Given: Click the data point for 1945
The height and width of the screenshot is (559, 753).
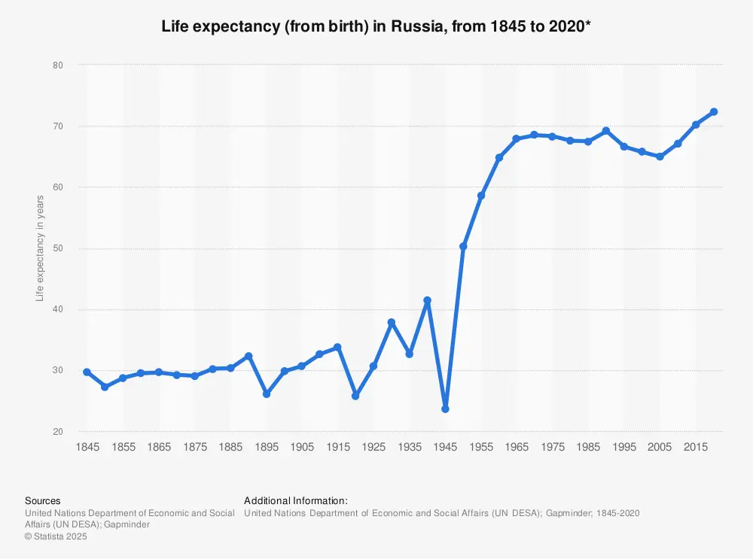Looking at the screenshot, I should tap(445, 409).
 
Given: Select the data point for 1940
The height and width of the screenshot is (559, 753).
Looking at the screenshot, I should tap(427, 300).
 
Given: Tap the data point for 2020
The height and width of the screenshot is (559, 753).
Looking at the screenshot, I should tap(714, 112).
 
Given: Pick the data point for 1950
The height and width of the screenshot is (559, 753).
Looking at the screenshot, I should tap(463, 246).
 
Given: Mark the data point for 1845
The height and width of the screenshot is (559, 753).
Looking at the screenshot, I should tap(87, 372).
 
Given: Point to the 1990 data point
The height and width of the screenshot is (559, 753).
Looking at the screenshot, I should tap(606, 131).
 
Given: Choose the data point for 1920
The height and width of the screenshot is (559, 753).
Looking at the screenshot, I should tap(355, 396).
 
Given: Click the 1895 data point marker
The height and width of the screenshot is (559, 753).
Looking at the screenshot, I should tap(266, 394).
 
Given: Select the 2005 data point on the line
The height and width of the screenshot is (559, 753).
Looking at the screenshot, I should tap(660, 156).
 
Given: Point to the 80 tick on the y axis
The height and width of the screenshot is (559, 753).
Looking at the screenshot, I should tap(57, 65).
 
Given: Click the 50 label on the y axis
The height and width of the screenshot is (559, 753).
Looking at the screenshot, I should tap(57, 248).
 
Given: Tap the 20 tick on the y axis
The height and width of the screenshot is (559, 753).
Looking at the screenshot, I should tap(57, 432).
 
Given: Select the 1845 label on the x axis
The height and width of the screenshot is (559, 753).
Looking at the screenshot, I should tap(87, 448).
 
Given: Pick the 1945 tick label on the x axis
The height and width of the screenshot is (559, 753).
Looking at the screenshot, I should tap(445, 448).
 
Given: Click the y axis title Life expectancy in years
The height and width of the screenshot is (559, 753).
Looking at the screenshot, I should tap(40, 248).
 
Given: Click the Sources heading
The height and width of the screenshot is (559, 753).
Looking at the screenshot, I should tap(43, 500).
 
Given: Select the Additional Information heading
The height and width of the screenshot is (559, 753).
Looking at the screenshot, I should tap(295, 500).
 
